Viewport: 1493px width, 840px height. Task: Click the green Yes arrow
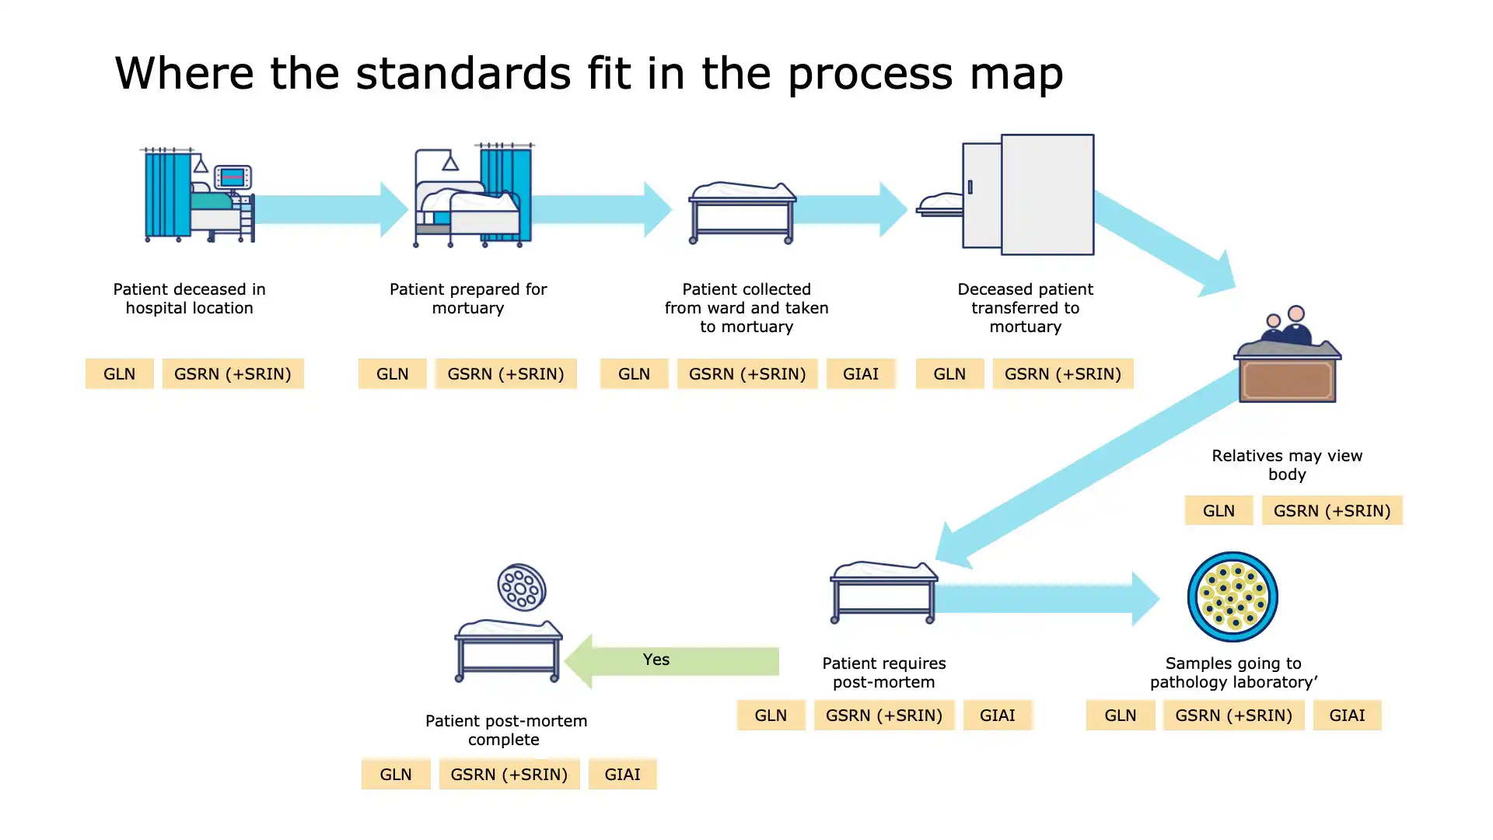(x=673, y=660)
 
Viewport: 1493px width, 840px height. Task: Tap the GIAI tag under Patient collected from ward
(x=861, y=374)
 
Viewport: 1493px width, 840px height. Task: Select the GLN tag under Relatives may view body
(x=1219, y=511)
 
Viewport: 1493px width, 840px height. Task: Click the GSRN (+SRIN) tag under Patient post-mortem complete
(x=509, y=775)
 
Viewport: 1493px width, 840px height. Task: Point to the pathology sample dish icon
(x=1233, y=597)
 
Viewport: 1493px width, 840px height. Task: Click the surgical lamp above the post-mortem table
(x=522, y=587)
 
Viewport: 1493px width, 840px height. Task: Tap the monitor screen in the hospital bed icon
(x=233, y=177)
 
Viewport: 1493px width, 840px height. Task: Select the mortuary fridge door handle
(x=970, y=187)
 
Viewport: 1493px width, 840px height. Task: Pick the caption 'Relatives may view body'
(x=1287, y=465)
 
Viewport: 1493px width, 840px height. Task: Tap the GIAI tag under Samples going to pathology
(x=1347, y=716)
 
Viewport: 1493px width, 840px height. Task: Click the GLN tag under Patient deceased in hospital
(x=119, y=374)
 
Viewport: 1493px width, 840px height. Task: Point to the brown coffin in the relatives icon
(x=1288, y=380)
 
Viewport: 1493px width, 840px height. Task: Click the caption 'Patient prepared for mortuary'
(x=468, y=299)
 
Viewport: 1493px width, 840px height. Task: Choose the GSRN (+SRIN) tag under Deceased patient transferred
(x=1063, y=374)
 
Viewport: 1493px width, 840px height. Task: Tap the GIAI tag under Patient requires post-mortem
(x=997, y=716)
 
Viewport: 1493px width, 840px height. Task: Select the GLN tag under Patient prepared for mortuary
(x=392, y=374)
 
